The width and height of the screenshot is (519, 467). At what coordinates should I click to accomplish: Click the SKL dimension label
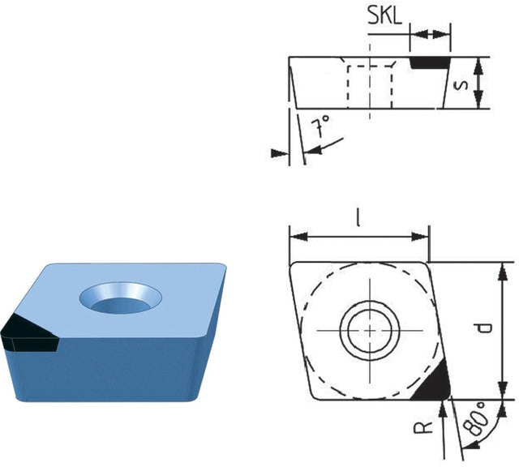pyautogui.click(x=384, y=16)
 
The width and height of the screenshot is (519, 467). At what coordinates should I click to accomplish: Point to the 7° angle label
pyautogui.click(x=321, y=126)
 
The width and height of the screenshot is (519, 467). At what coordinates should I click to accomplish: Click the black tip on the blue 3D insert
pyautogui.click(x=29, y=333)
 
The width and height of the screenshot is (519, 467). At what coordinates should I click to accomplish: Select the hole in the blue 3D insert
pyautogui.click(x=120, y=298)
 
